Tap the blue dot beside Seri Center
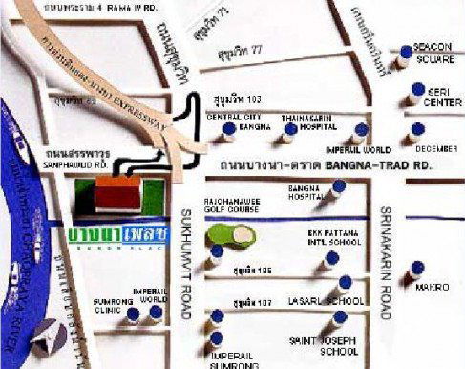(416, 91)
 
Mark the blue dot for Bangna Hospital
(338, 186)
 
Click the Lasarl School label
(328, 301)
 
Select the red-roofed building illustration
(116, 192)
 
